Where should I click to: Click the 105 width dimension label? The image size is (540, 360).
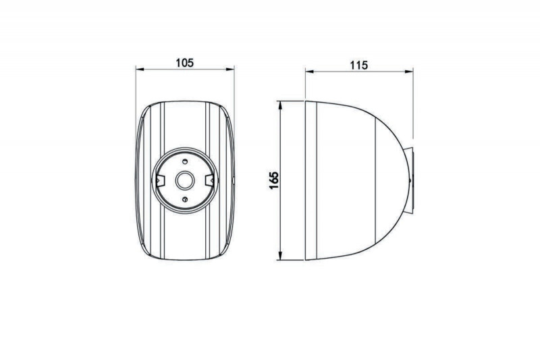[185, 63]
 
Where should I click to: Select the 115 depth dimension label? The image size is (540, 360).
[359, 65]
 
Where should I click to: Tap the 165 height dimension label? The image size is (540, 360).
[274, 180]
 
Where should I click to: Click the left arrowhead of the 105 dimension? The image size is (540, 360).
[140, 70]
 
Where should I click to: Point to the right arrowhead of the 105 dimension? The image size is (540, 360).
[230, 70]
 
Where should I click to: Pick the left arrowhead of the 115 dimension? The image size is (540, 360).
[309, 72]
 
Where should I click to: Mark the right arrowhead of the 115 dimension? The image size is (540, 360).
[409, 72]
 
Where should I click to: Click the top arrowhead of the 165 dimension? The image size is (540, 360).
[280, 105]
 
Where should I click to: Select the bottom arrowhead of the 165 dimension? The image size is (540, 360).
[280, 255]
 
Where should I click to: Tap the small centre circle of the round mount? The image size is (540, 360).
[185, 180]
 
